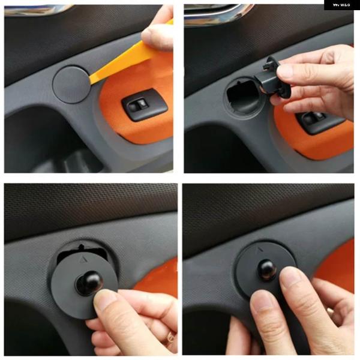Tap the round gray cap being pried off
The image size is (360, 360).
pyautogui.click(x=71, y=83)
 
